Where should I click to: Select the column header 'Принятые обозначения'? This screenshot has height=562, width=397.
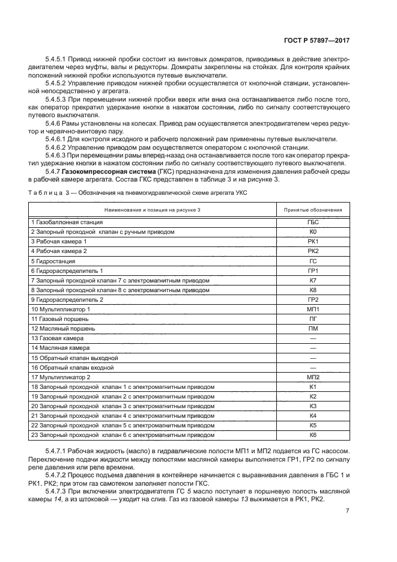pos(312,210)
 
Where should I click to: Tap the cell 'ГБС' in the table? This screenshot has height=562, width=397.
pos(312,222)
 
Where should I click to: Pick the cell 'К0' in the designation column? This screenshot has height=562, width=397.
pos(312,231)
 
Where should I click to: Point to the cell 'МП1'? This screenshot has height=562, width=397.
pos(312,309)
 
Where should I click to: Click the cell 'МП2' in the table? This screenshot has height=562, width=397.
pos(312,377)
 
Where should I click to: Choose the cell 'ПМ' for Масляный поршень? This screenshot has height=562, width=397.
pos(312,328)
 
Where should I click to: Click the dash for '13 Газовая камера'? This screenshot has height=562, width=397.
pos(312,338)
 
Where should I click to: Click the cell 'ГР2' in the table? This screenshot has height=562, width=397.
pos(312,299)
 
